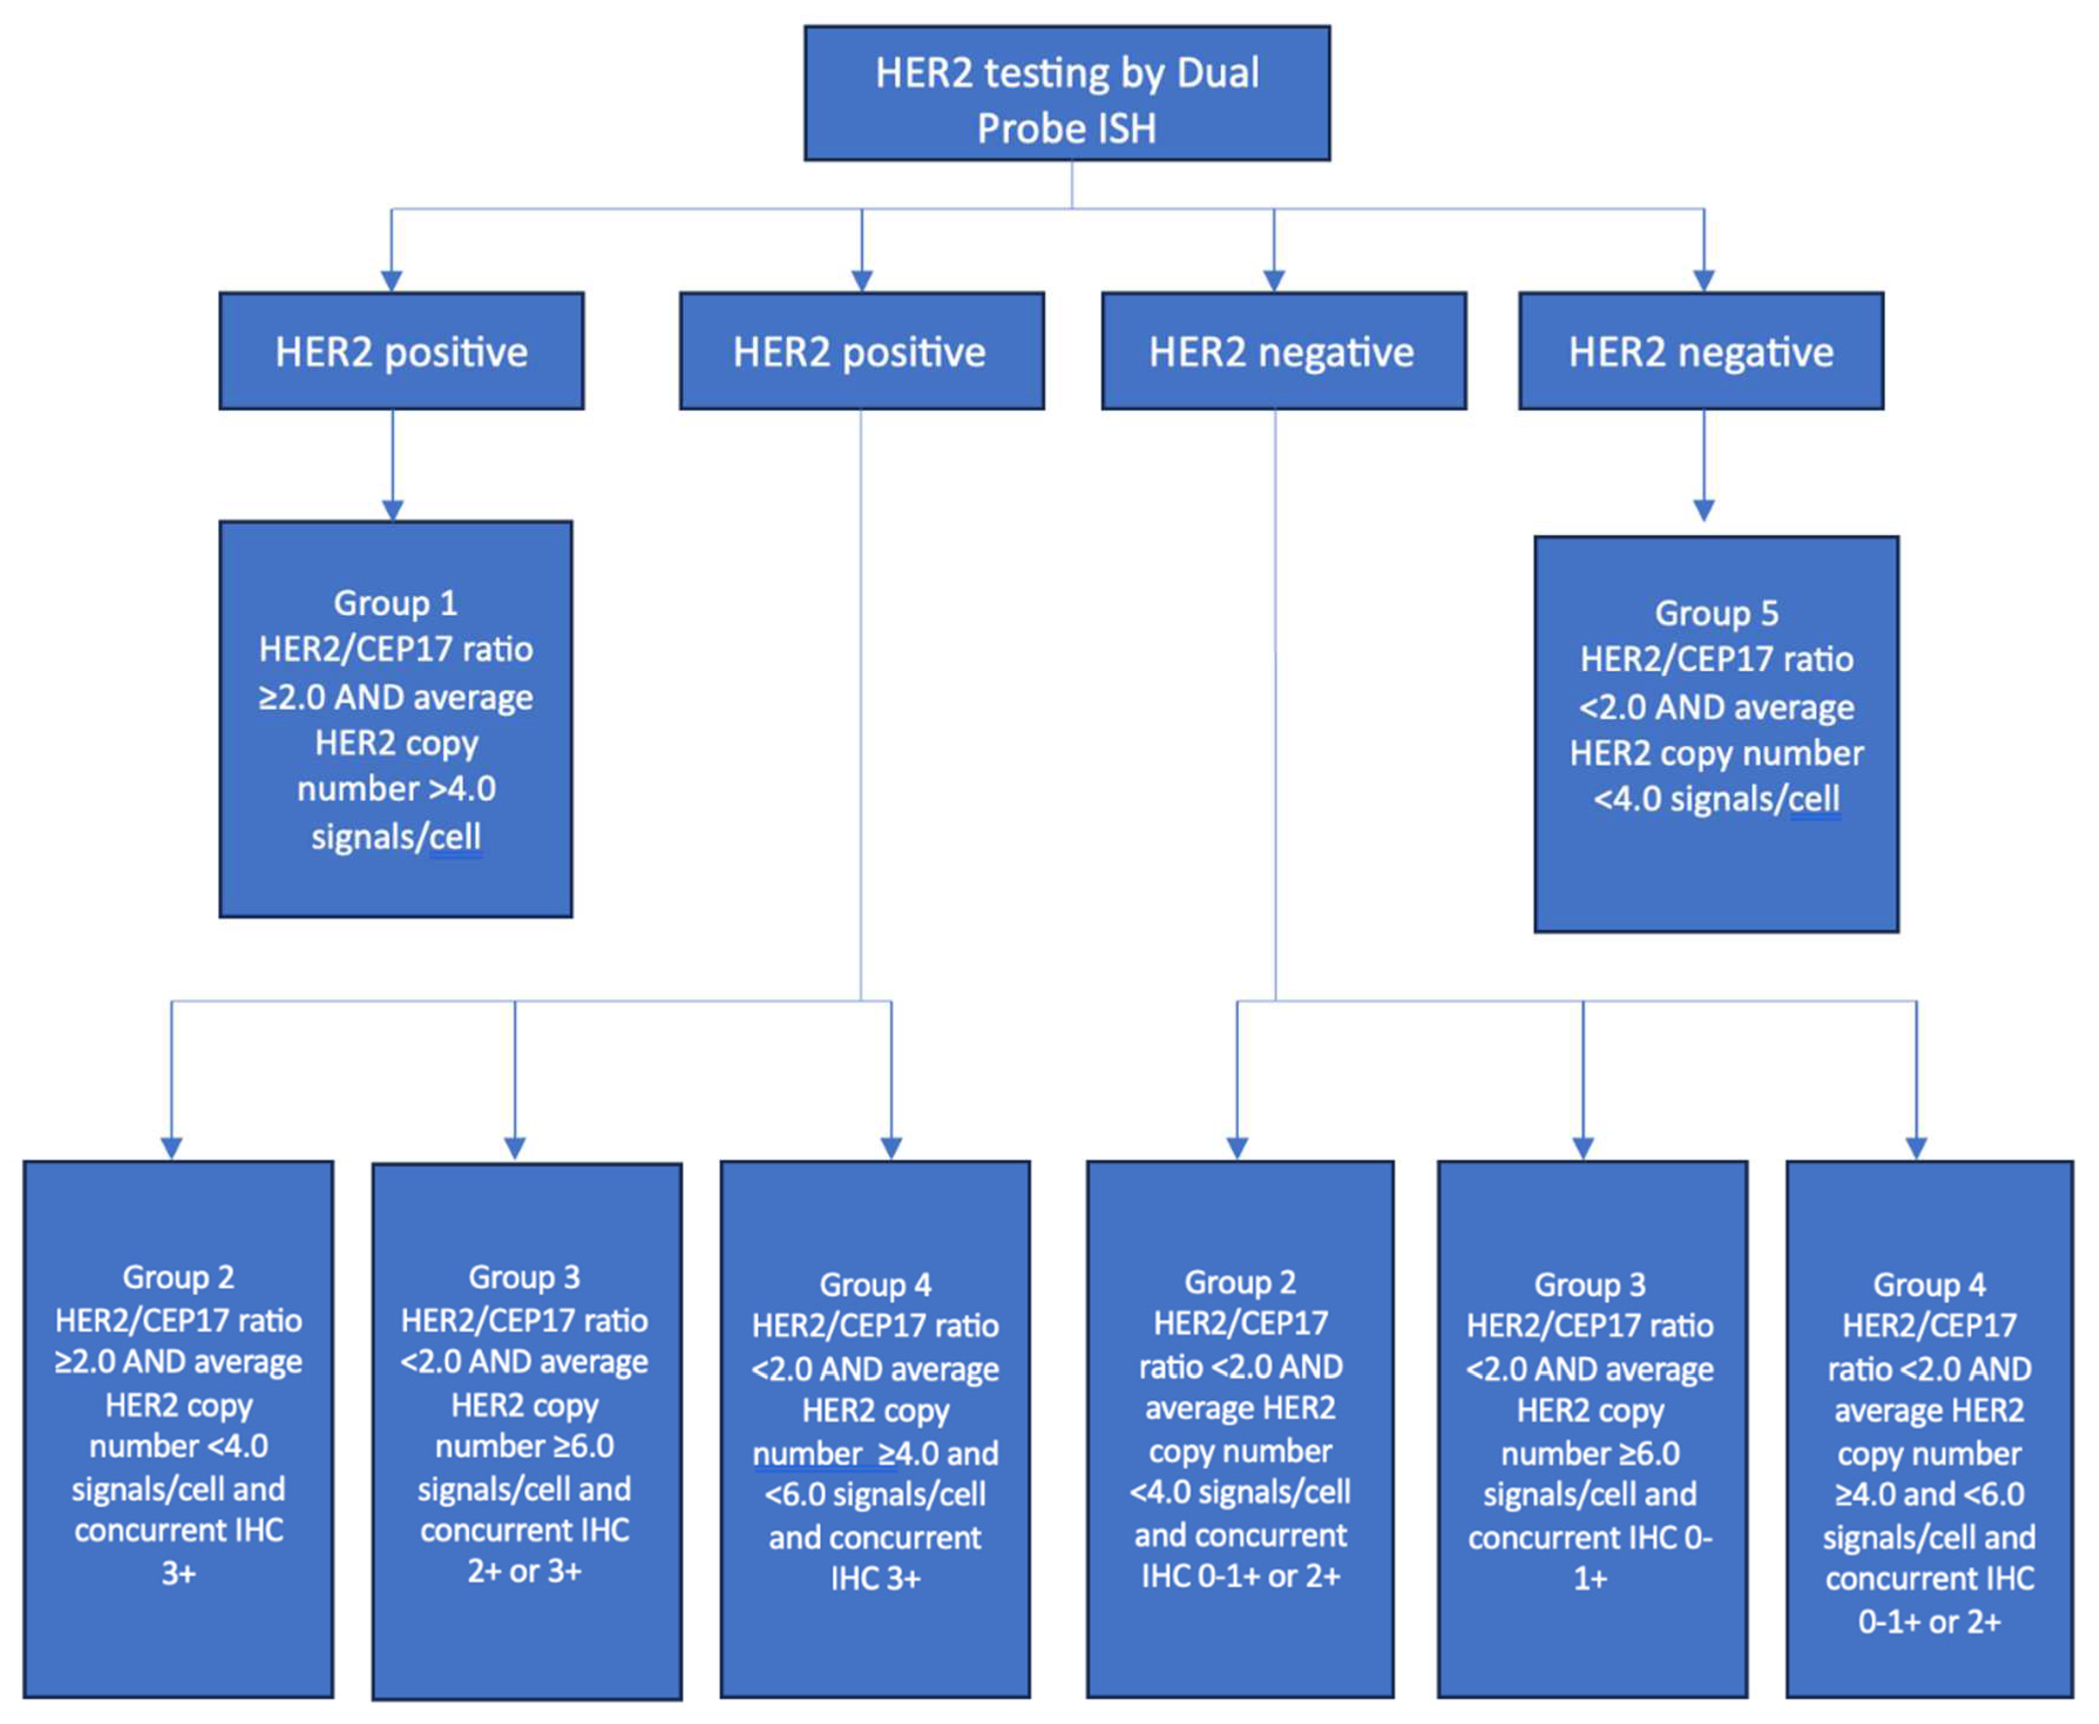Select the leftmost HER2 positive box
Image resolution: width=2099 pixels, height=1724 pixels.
click(x=401, y=351)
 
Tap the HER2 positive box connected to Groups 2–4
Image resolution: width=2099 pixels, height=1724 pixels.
click(x=861, y=351)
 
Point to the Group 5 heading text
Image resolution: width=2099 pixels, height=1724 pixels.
click(x=1716, y=613)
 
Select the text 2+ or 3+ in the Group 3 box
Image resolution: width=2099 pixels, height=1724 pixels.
click(x=524, y=1570)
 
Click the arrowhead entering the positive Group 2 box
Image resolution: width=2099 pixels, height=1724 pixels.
click(x=172, y=1148)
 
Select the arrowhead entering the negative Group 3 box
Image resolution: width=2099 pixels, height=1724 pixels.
click(x=1583, y=1148)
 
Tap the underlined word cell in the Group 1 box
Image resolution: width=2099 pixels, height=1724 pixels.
click(x=456, y=836)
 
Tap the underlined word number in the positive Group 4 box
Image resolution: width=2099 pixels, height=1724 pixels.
click(x=807, y=1453)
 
